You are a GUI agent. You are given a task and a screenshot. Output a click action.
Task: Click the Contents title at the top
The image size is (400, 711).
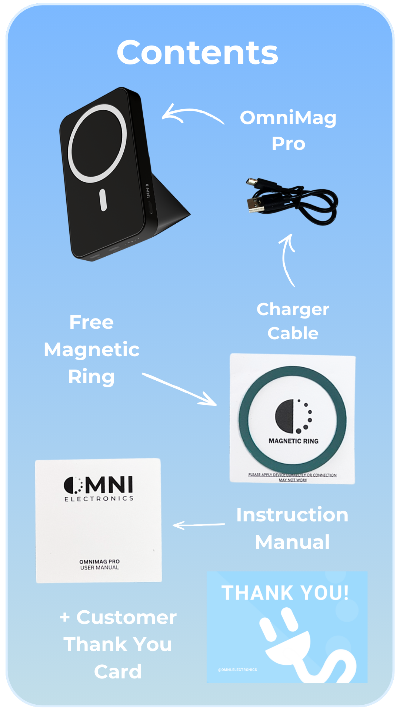tap(197, 53)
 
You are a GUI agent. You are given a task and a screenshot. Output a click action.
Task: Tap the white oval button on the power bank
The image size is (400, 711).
tap(103, 200)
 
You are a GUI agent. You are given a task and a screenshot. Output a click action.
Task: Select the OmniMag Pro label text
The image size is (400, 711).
tap(288, 130)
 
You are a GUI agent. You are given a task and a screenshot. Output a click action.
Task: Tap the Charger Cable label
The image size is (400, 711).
tap(293, 321)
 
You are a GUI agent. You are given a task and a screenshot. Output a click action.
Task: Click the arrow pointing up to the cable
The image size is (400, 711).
tap(287, 259)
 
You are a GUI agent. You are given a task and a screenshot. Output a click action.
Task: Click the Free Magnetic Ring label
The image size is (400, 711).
tap(91, 349)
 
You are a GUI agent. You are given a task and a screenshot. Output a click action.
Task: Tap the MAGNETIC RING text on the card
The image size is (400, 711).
tap(293, 441)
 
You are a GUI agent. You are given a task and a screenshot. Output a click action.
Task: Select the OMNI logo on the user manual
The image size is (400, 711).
tap(99, 485)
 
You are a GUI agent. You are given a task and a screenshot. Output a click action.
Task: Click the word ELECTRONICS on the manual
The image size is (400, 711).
tap(99, 499)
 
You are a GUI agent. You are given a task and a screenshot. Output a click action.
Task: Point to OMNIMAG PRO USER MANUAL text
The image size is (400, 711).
tap(99, 564)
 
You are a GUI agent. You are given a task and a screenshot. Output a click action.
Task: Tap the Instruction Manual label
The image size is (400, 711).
tap(292, 528)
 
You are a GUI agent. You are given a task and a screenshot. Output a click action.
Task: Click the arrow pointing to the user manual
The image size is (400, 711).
tap(199, 525)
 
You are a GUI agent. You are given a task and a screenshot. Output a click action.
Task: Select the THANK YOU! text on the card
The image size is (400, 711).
tap(285, 592)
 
